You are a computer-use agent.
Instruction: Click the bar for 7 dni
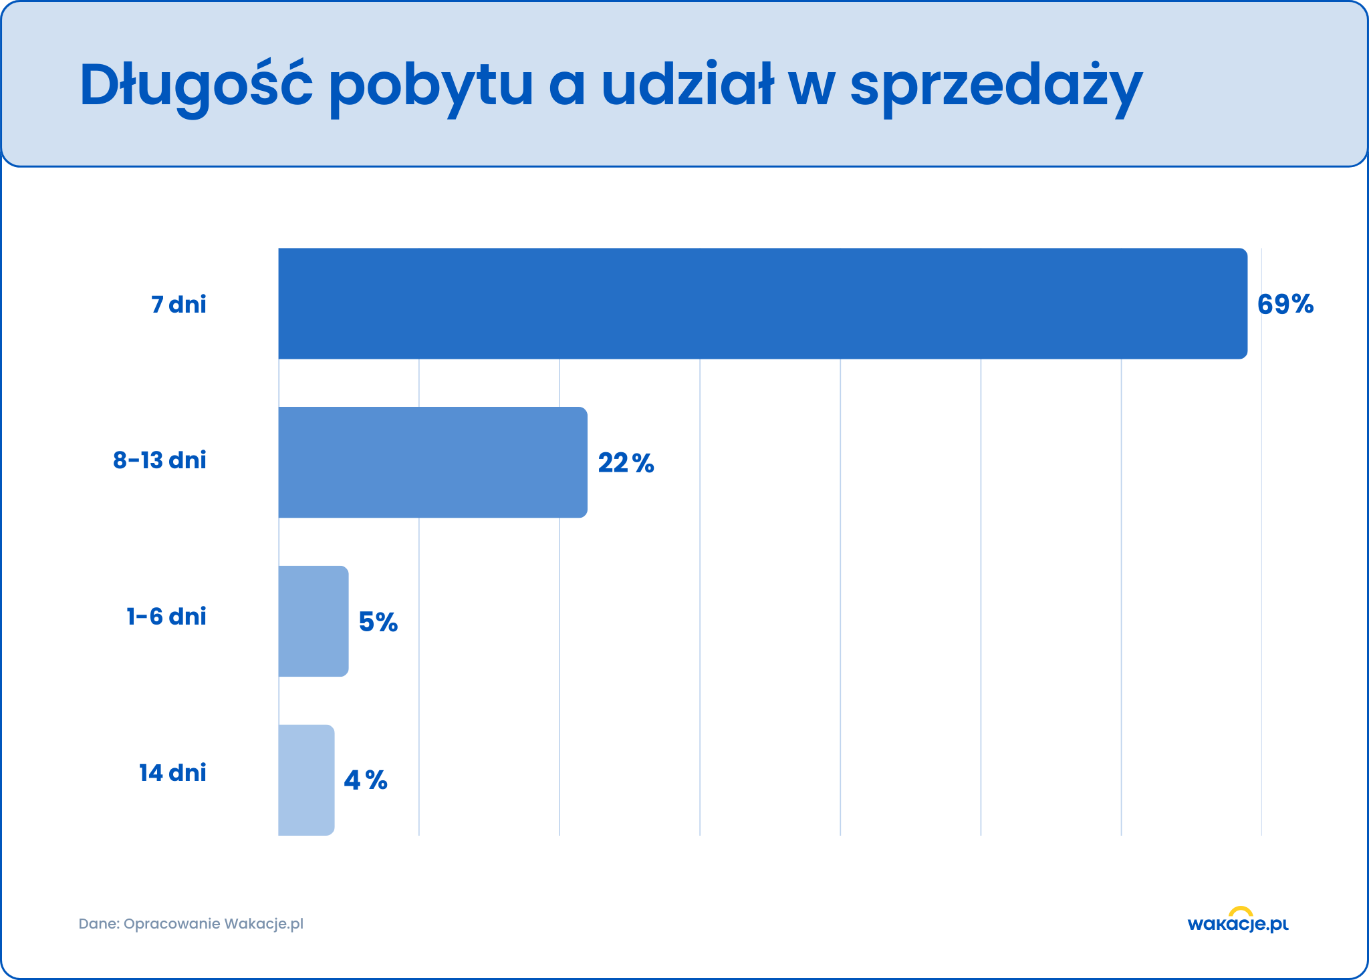click(x=762, y=303)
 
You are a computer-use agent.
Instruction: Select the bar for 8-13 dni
click(x=432, y=462)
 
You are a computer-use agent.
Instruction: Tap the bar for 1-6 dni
click(x=313, y=621)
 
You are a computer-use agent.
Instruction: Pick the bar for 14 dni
click(x=306, y=780)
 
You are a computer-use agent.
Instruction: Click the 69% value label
click(x=1285, y=305)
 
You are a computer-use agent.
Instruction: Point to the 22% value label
click(x=626, y=463)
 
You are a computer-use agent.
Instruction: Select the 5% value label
click(x=378, y=622)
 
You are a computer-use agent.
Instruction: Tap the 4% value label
click(x=365, y=780)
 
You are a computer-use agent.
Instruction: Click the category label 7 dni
click(x=178, y=305)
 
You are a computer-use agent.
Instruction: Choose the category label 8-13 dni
click(x=159, y=460)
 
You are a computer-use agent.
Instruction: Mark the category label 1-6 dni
click(x=166, y=616)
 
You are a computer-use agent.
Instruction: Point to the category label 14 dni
click(x=172, y=773)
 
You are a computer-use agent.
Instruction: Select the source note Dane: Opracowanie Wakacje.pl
click(x=191, y=924)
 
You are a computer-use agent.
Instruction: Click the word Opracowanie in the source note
click(x=172, y=925)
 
